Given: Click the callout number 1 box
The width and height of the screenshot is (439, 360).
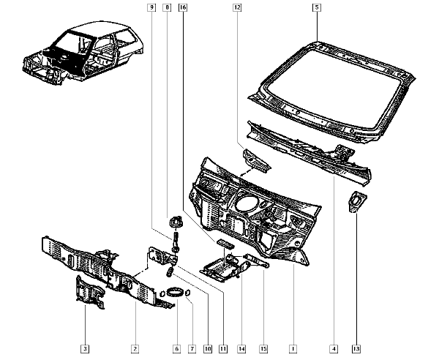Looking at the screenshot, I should tap(293, 348).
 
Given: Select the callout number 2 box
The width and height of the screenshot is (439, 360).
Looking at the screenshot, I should tap(135, 348).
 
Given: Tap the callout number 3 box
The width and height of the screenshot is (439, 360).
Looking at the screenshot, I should tap(86, 348).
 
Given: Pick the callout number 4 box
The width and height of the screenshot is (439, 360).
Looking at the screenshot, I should tap(334, 348).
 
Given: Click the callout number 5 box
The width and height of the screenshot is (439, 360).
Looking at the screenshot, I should tap(316, 7).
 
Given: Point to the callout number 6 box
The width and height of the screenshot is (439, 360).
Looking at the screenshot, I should tap(176, 348).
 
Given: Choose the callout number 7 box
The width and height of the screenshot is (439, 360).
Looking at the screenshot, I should tap(192, 348).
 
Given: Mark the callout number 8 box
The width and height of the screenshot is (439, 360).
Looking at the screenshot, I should tap(167, 7).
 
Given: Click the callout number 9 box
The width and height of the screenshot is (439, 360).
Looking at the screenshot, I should tap(152, 7).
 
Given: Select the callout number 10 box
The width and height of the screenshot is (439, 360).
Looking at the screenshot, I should tap(208, 348).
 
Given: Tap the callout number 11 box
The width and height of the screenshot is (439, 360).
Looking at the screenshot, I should tap(223, 348).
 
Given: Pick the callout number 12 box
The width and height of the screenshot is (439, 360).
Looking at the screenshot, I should tap(238, 7).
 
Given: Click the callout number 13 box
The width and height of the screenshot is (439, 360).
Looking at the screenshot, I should tap(356, 348).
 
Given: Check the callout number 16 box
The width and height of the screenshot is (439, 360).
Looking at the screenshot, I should tap(181, 7).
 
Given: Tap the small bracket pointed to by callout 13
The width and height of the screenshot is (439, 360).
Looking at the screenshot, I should tap(356, 201).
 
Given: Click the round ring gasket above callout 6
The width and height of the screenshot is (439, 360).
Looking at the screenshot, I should tap(175, 293).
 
